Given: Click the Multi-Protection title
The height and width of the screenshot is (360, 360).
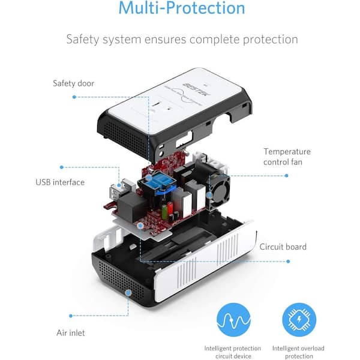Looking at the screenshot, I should coord(181,8).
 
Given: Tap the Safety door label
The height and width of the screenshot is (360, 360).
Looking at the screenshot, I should coord(73,83).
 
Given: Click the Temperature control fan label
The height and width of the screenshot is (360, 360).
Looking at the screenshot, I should coord(287,157).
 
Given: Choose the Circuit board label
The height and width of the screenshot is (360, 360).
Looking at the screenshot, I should coord(283,247).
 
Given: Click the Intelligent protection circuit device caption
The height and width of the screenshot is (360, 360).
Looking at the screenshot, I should coord(233,352).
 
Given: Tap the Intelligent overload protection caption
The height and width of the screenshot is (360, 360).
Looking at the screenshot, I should coord(299,352).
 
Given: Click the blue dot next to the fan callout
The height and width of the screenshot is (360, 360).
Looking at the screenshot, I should coord(286,176).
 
